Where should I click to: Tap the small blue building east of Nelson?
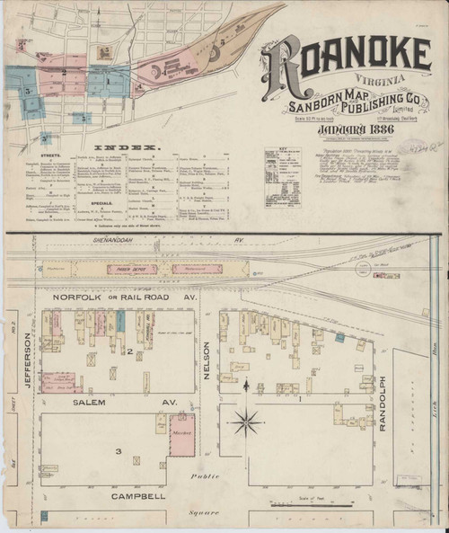click(340, 337)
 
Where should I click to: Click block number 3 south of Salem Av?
click(117, 449)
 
